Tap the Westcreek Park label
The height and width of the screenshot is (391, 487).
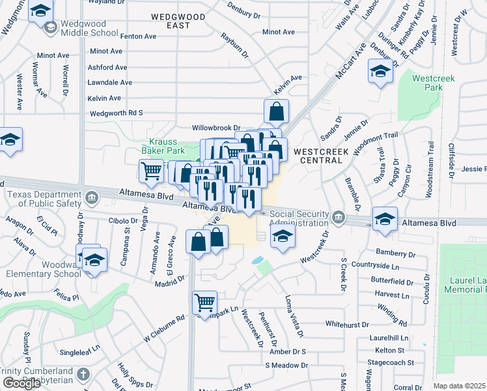(433, 83)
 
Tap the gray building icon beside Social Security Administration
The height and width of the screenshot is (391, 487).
(337, 216)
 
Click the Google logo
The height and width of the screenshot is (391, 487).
(21, 383)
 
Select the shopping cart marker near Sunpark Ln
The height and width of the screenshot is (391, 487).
(204, 303)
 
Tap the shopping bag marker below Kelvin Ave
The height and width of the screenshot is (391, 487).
(276, 112)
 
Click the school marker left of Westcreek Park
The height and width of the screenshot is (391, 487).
(380, 72)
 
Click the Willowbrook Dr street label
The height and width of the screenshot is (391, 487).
(216, 128)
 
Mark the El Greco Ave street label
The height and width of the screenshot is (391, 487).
(171, 250)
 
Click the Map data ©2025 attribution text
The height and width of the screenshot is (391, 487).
(460, 386)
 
